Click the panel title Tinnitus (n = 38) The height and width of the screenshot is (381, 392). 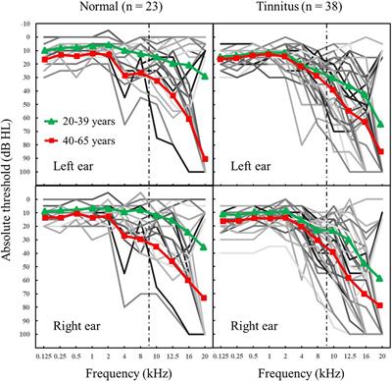tap(296, 9)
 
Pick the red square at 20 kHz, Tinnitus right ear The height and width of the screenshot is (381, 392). tap(381, 305)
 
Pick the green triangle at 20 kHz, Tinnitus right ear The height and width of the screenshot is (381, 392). tap(381, 278)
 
